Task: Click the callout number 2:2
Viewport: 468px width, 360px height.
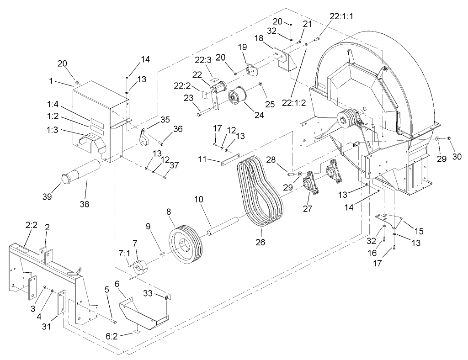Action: [31, 225]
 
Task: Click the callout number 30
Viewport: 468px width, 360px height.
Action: [457, 156]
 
